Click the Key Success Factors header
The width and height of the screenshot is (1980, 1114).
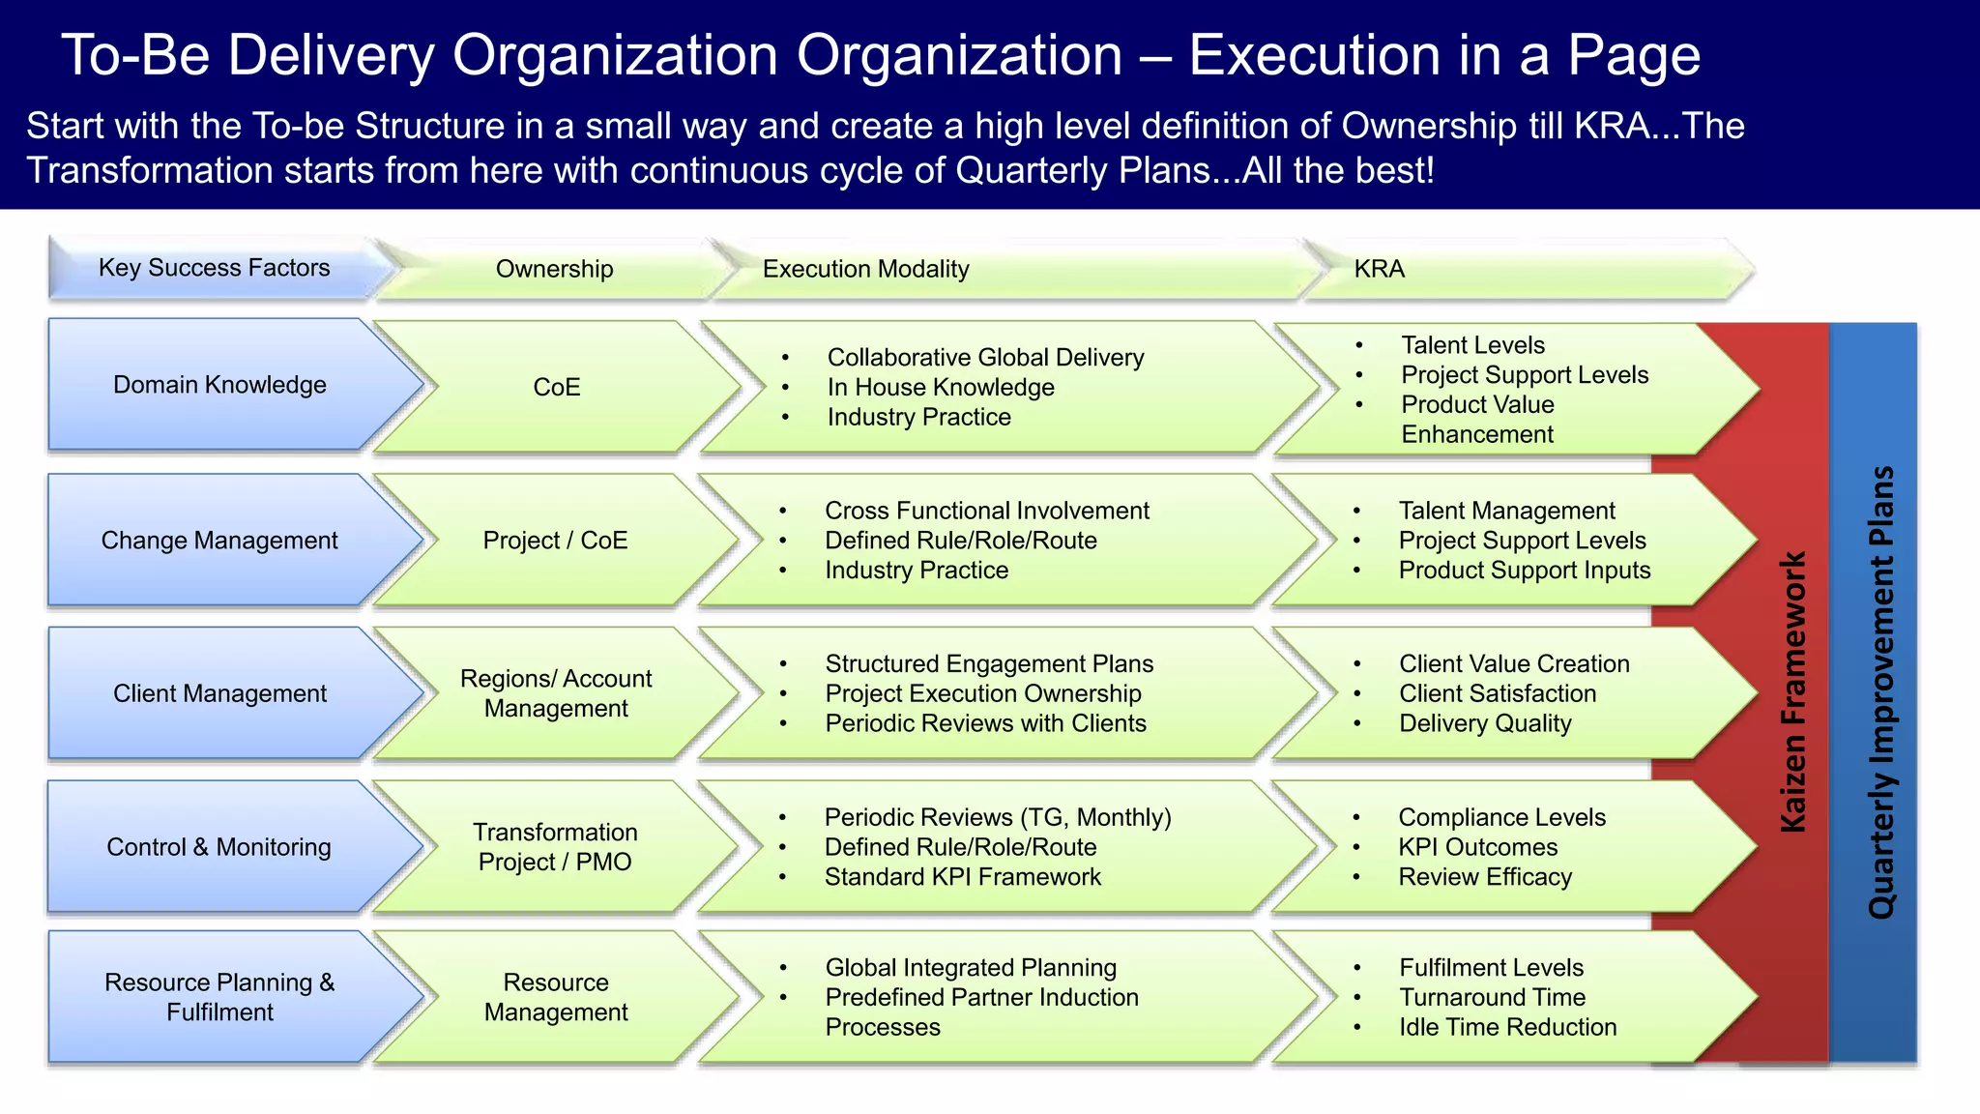214,268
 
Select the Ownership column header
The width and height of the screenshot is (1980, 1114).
554,269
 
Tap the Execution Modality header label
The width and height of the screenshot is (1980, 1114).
865,269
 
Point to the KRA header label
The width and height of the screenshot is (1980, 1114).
1379,269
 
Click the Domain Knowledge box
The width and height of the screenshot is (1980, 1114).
219,385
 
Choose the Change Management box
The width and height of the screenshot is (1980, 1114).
219,541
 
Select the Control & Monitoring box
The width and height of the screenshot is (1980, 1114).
218,847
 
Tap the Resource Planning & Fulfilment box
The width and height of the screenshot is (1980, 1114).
219,997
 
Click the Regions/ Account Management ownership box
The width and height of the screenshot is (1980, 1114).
556,693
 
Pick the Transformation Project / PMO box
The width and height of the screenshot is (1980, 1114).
555,847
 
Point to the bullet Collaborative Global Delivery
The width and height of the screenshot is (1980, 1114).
985,358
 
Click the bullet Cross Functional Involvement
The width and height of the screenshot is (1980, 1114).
986,511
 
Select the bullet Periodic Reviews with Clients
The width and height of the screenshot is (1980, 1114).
985,723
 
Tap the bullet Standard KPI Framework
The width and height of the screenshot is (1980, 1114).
962,877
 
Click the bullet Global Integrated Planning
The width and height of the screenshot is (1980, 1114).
970,968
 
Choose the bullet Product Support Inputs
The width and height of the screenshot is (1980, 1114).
1524,571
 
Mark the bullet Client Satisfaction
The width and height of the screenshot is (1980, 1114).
1497,693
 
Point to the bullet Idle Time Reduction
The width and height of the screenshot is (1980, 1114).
1507,1027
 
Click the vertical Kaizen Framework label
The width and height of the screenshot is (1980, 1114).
1793,692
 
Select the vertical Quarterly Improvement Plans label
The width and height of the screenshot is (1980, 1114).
1880,692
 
